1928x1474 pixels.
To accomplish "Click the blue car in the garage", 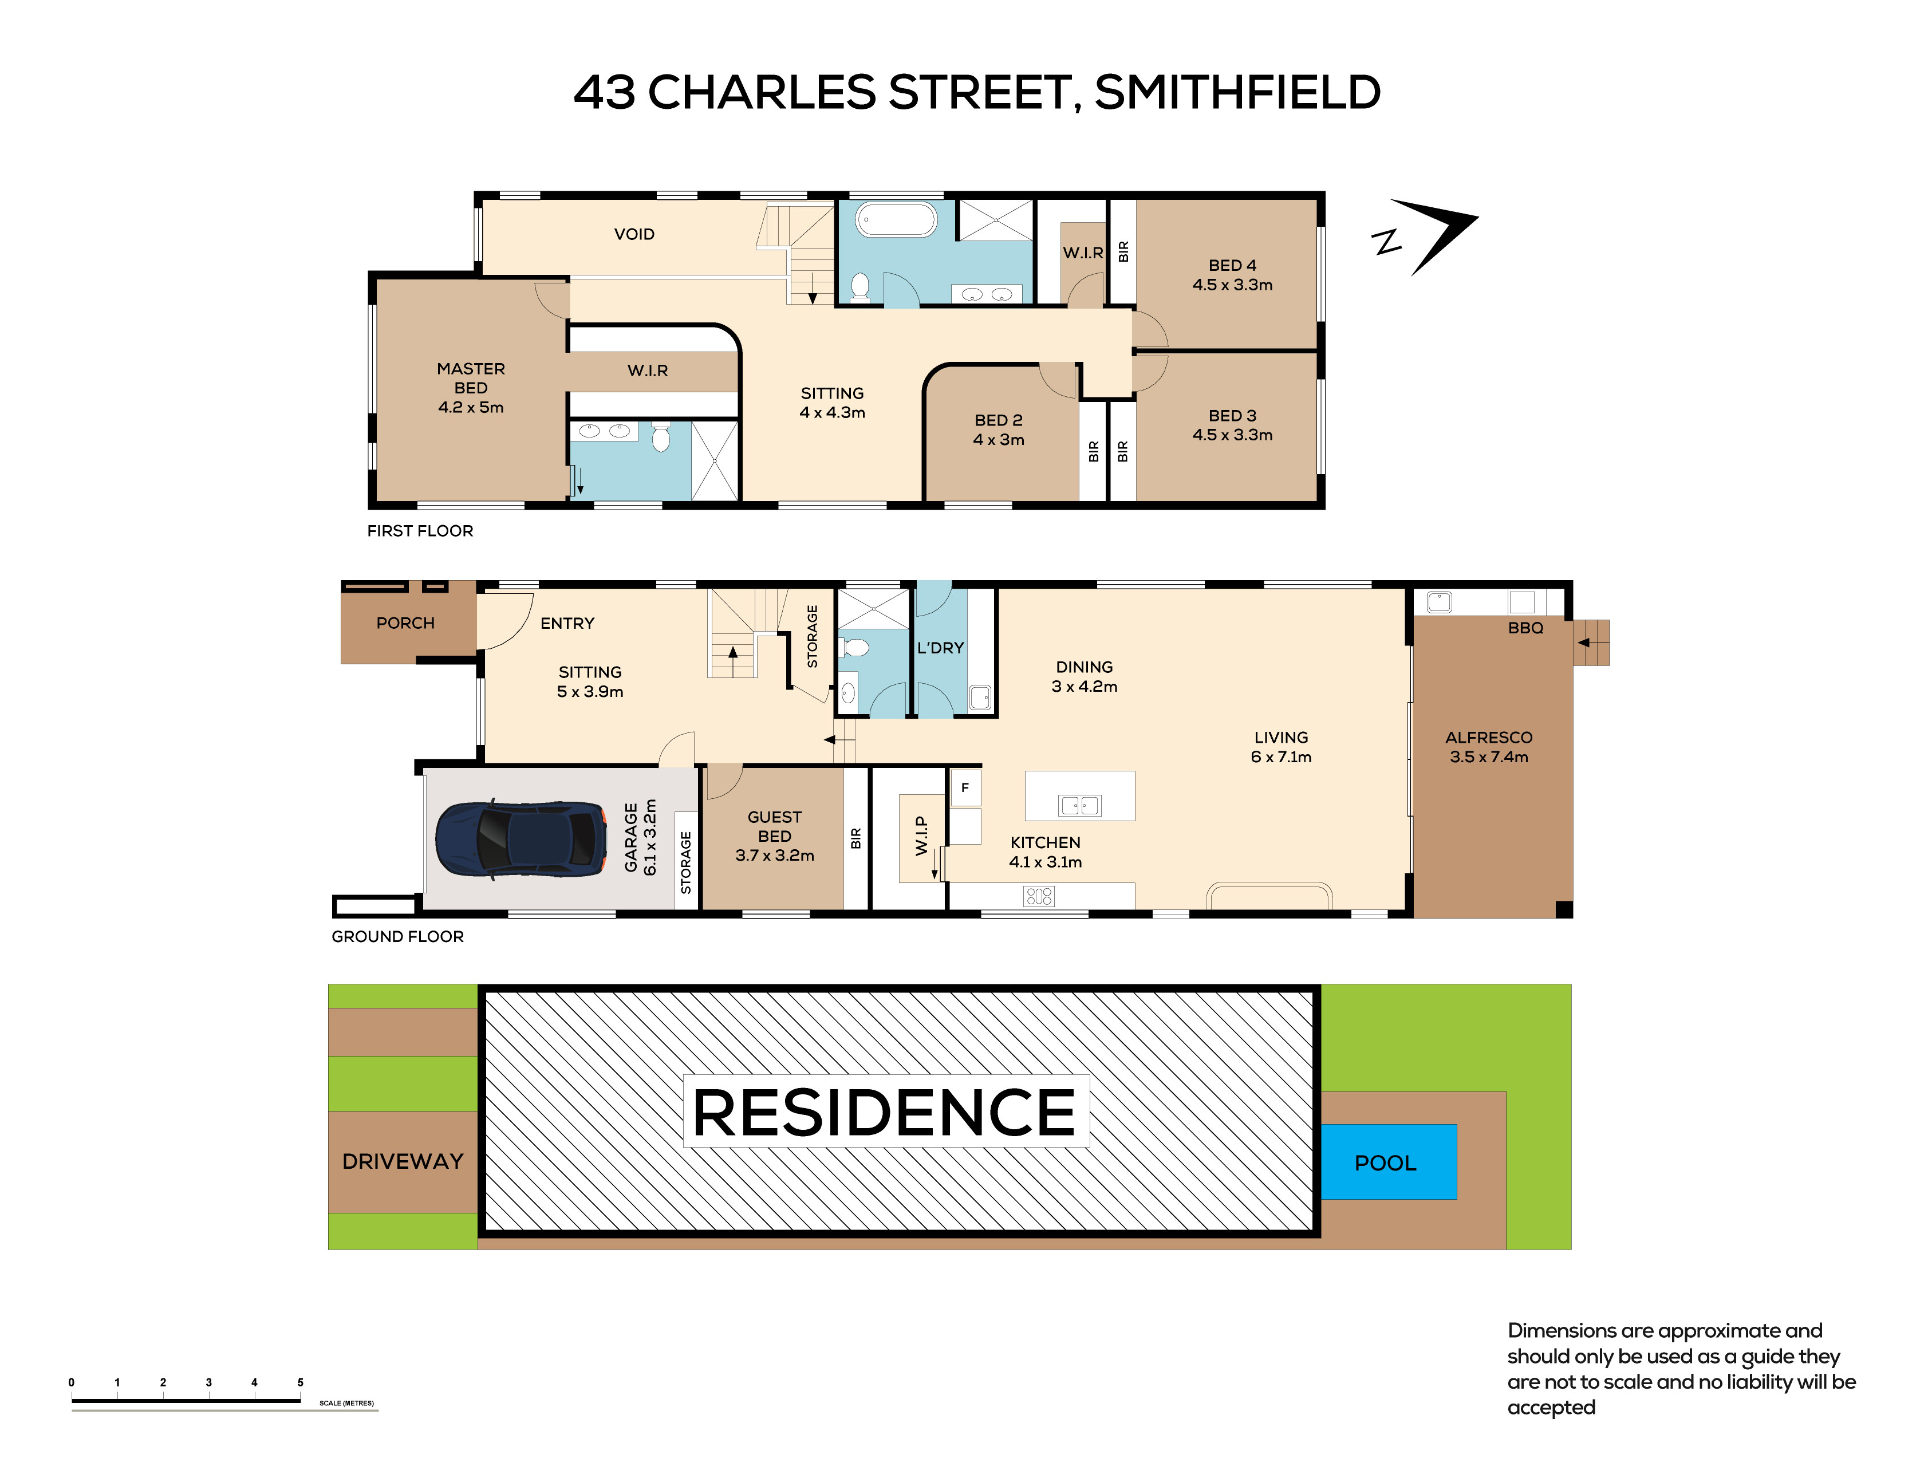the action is (521, 838).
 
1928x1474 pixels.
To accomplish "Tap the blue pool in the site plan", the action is (1389, 1162).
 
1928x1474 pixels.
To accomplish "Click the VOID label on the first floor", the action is (634, 234).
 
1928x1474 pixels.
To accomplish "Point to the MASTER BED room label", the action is (471, 378).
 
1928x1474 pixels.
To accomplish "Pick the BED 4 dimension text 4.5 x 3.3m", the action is (1232, 284).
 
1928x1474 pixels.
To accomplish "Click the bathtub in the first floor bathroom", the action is (897, 219).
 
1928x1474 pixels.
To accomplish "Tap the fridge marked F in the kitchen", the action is (965, 787).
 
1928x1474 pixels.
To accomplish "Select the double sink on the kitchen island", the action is (1080, 805).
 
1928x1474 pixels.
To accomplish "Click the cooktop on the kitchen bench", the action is (1039, 896).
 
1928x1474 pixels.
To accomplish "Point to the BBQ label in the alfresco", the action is (1525, 628).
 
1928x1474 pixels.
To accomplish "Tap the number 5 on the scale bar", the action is (300, 1382).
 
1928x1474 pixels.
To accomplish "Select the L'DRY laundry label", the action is (940, 648).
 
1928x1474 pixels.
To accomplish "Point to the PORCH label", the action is (405, 623).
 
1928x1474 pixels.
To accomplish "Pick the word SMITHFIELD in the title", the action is (1237, 92).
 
